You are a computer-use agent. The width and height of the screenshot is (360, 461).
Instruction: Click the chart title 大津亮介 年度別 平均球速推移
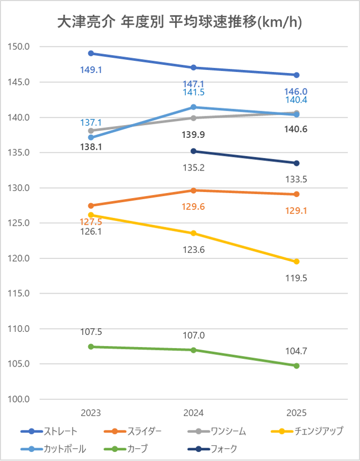click(x=180, y=22)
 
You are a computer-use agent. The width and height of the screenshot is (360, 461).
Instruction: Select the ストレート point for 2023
click(x=91, y=53)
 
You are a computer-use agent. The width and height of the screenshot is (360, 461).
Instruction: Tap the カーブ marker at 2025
click(x=296, y=366)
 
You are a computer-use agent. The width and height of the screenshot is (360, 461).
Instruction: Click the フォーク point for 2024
click(x=194, y=151)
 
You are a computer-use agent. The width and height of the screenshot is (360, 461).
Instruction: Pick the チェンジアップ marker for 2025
click(x=296, y=262)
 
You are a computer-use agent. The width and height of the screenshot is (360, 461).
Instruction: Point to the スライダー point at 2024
click(x=194, y=190)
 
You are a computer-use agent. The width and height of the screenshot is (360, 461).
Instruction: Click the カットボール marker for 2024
click(x=194, y=107)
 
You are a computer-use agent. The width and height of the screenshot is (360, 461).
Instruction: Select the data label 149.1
click(x=91, y=69)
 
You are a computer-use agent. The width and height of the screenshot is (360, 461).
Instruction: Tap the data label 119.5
click(x=296, y=278)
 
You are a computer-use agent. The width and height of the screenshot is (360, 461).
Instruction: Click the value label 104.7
click(x=296, y=351)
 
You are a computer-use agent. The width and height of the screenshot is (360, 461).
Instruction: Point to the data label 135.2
click(x=194, y=167)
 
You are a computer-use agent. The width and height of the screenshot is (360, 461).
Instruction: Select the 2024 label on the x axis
click(x=194, y=413)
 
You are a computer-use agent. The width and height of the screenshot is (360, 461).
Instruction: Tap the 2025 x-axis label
click(x=296, y=413)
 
